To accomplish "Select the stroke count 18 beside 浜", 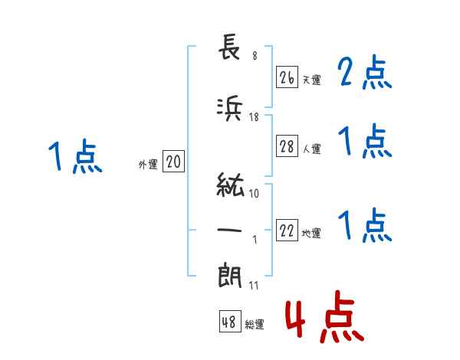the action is click(x=255, y=117).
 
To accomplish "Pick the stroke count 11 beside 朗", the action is click(x=254, y=286).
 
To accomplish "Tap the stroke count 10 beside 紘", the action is click(x=255, y=193).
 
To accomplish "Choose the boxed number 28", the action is click(x=287, y=147).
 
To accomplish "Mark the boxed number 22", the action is click(x=287, y=231).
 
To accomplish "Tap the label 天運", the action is click(x=311, y=80).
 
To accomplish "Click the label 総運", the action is click(x=255, y=325).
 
